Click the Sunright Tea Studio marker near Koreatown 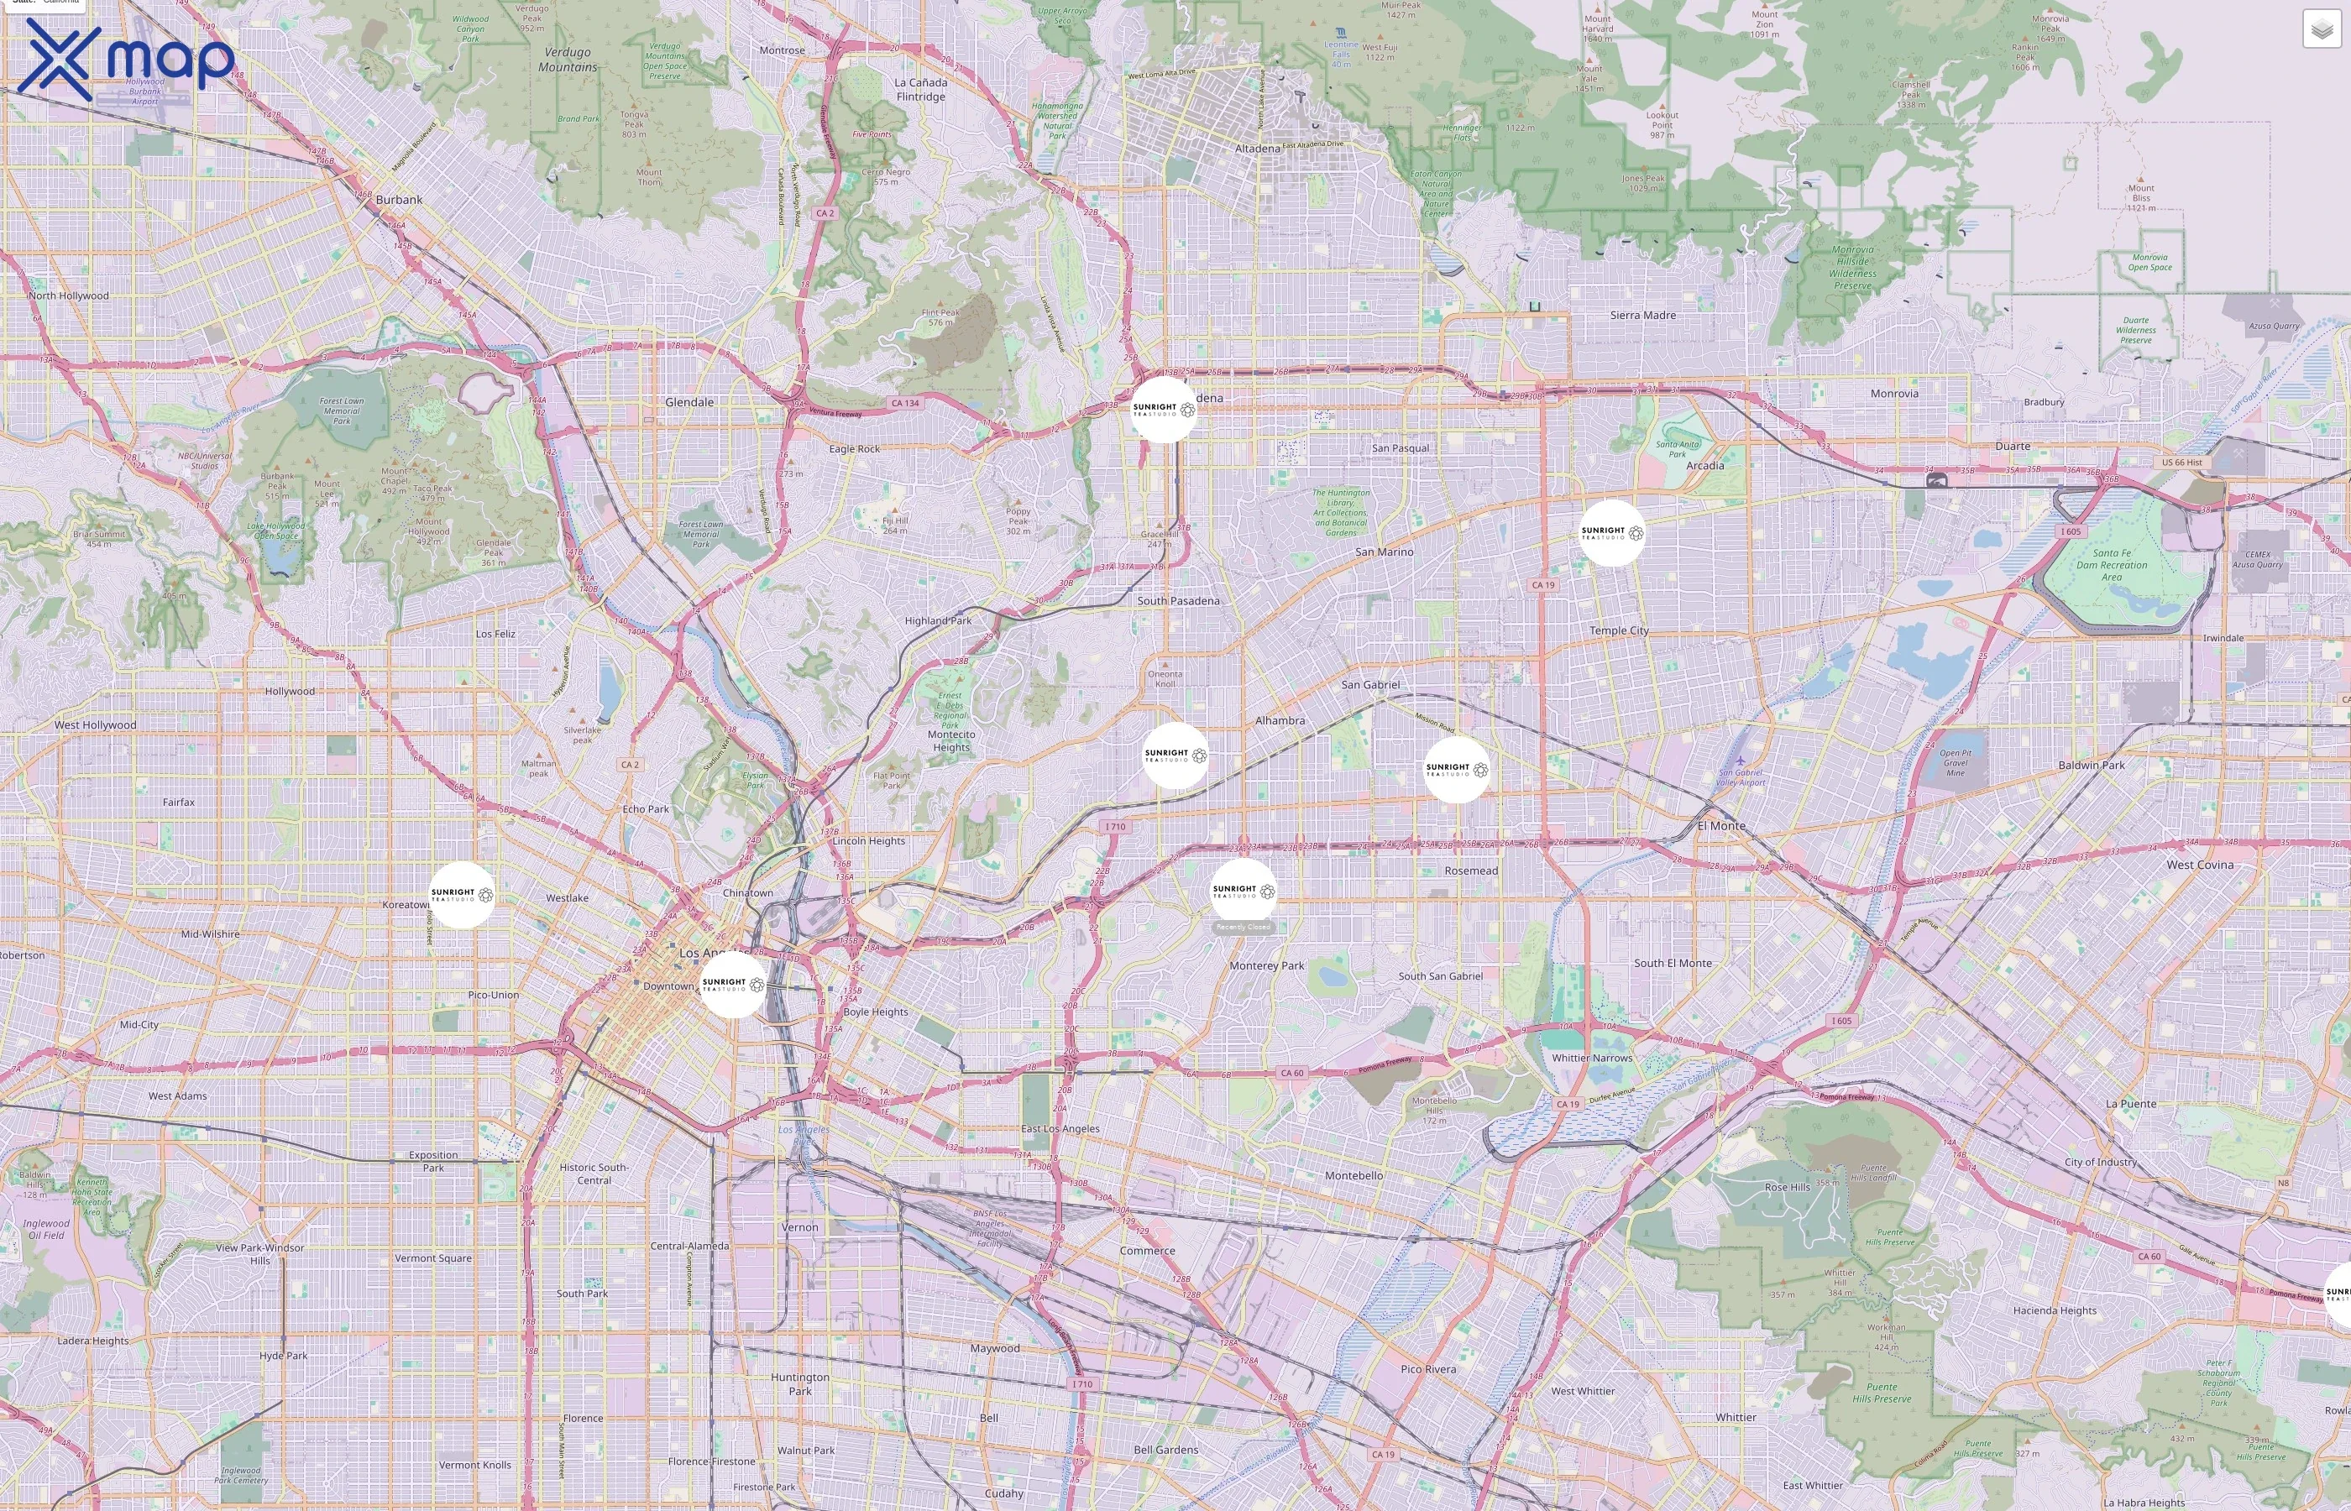462,895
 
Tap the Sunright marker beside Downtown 733,984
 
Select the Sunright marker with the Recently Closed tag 1244,891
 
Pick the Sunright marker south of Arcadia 1612,533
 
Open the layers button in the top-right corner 2321,29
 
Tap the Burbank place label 400,199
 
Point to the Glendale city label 690,402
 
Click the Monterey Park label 1267,965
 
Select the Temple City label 1619,631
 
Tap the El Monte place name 1721,825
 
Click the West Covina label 2200,865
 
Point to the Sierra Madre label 1642,315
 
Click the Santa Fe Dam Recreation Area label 2112,565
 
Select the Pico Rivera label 1429,1369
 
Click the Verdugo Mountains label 567,59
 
